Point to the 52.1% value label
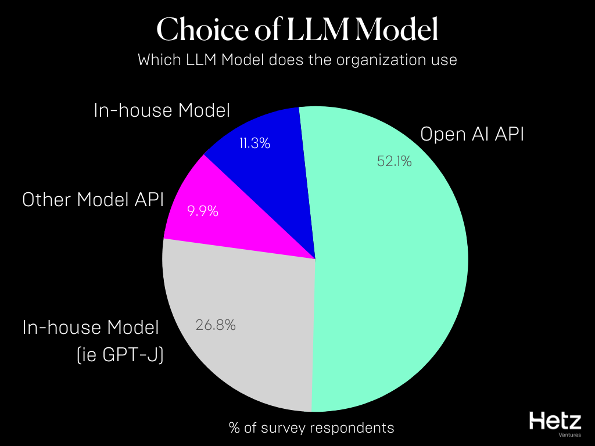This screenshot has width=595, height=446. (x=395, y=162)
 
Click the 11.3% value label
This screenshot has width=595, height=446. (x=255, y=143)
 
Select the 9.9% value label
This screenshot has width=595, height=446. (x=203, y=211)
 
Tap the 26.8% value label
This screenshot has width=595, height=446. (x=215, y=325)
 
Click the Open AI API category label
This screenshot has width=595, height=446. (x=472, y=135)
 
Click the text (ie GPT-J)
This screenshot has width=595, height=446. (x=120, y=354)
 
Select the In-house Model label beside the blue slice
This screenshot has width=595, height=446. (x=162, y=110)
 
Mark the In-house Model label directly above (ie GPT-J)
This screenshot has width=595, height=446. (x=91, y=328)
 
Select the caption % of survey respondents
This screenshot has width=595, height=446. (x=311, y=428)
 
